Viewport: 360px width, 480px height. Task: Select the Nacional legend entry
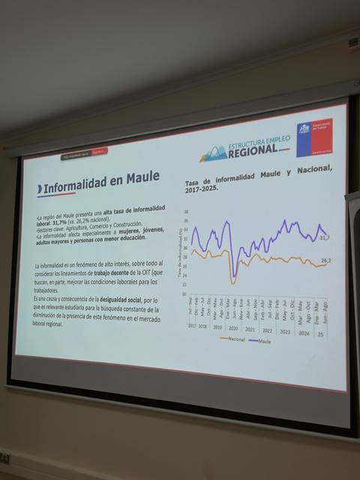click(232, 339)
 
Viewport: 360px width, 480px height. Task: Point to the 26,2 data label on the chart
click(325, 260)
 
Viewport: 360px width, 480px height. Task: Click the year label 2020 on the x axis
click(233, 328)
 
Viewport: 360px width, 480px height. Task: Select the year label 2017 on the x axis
click(191, 325)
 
